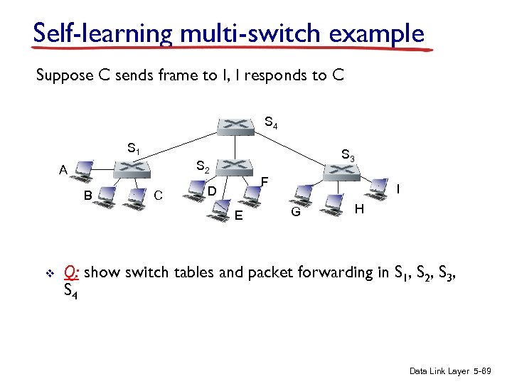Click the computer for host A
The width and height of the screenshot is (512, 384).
[x=83, y=169]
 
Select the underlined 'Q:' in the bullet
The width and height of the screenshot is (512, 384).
[x=71, y=272]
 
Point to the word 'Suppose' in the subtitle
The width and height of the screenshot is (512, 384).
[x=65, y=75]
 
